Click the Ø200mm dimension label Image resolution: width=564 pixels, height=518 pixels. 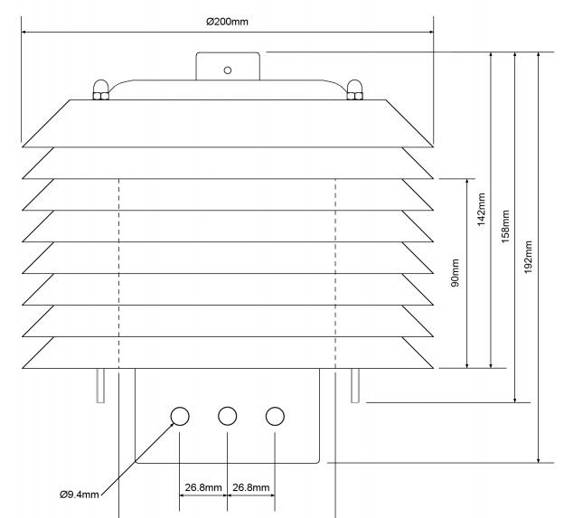tap(227, 22)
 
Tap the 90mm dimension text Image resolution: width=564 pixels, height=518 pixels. tap(455, 273)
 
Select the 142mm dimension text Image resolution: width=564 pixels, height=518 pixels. tap(481, 210)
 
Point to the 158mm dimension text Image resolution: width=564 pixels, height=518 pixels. tap(505, 227)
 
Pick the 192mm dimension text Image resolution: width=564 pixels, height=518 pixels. tap(528, 257)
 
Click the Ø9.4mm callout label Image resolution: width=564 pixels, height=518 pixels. tap(80, 494)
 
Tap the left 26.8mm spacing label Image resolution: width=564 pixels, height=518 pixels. tap(203, 487)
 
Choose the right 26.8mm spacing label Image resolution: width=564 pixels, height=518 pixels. tap(250, 487)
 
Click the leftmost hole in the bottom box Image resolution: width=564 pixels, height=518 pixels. tap(180, 416)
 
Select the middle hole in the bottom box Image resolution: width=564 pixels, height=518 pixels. tap(228, 416)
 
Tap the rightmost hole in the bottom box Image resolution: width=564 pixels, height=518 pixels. tap(275, 416)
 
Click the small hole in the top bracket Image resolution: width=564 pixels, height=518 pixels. tap(228, 71)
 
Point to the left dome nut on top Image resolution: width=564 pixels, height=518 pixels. tap(100, 89)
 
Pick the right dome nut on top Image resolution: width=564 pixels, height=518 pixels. tap(354, 89)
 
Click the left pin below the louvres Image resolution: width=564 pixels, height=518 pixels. tap(100, 385)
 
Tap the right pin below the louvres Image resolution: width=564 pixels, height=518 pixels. tap(355, 385)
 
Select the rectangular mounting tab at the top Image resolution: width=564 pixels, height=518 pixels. tap(228, 66)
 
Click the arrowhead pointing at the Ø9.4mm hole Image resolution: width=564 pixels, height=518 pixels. tap(171, 425)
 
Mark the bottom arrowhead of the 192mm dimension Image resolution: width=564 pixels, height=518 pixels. tap(539, 459)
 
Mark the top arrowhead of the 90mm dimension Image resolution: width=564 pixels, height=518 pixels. tap(467, 183)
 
